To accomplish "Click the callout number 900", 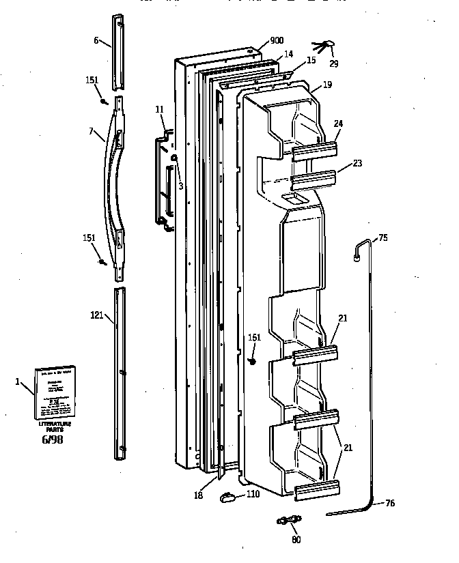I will (x=277, y=40).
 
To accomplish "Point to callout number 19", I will (x=327, y=85).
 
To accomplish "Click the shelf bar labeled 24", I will (x=316, y=150).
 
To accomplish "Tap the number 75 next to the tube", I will (x=382, y=237).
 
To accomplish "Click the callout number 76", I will (x=389, y=504).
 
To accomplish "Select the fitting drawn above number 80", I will (x=290, y=521).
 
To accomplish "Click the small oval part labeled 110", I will (x=226, y=497).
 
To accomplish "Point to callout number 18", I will (x=198, y=495).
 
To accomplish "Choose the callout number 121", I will (x=97, y=315).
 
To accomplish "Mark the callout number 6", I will (x=96, y=40).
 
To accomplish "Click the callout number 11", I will (x=159, y=109).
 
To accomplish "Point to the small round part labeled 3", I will (x=175, y=158).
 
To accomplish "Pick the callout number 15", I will (x=311, y=61).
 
